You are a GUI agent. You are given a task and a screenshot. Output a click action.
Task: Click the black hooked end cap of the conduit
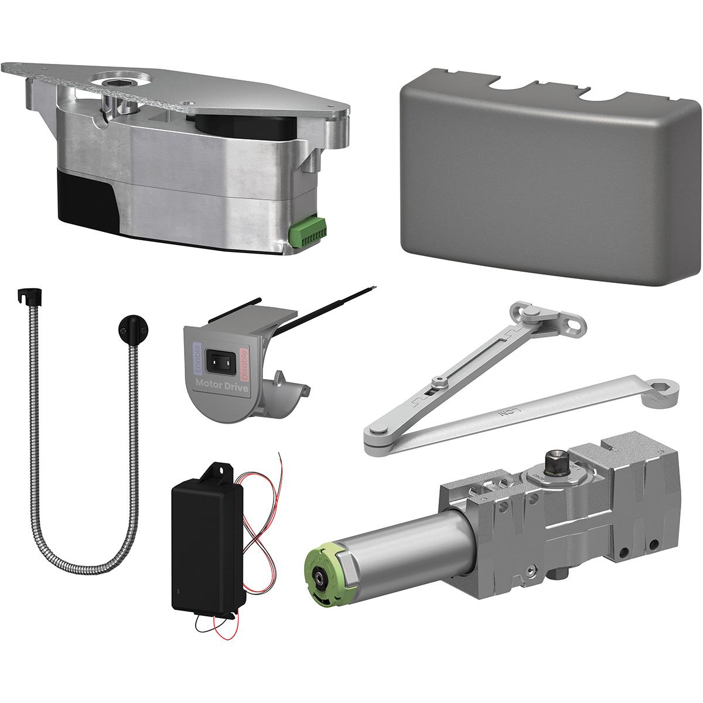point(27,296)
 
